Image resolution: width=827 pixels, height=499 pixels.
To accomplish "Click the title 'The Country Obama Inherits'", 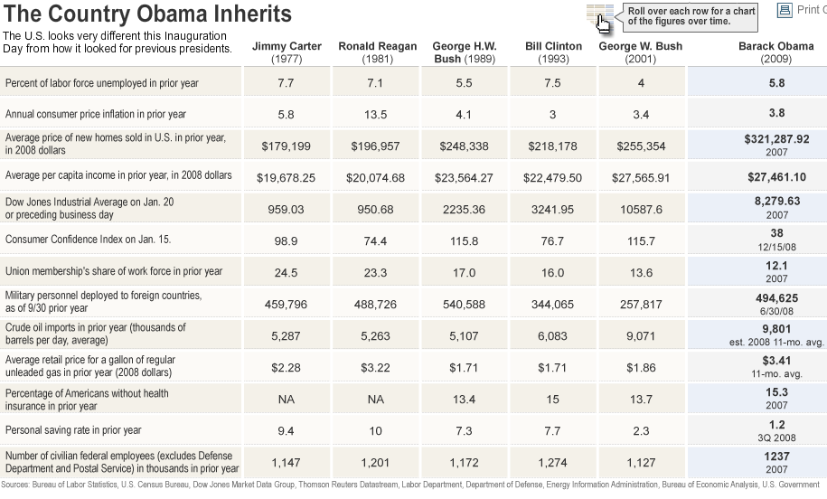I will pos(148,14).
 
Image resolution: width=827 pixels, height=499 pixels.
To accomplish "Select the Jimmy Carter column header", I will pos(287,52).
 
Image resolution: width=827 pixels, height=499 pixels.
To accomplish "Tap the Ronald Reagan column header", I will pos(377,52).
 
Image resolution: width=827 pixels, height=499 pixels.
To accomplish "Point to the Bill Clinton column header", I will pos(553,52).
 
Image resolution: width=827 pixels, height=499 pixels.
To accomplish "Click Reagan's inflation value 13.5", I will pos(375,115).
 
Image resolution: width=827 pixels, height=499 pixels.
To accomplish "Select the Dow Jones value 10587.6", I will pos(642,210).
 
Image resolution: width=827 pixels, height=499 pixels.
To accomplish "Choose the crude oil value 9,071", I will pos(642,336).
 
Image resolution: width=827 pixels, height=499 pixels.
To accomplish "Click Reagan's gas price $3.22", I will pos(375,368).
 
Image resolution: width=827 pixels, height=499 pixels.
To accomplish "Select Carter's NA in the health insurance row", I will pos(287,400).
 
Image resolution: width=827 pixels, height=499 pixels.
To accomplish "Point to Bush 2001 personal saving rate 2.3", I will pos(642,431).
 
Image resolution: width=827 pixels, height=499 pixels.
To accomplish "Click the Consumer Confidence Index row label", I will pos(89,240).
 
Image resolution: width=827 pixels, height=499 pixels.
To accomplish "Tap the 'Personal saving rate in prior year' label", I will pos(74,430).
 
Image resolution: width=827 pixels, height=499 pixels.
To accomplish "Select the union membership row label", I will pos(114,271).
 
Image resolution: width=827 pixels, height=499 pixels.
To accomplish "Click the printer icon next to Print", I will pos(784,10).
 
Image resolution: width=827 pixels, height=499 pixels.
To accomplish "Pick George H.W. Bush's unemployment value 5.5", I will pos(464,83).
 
